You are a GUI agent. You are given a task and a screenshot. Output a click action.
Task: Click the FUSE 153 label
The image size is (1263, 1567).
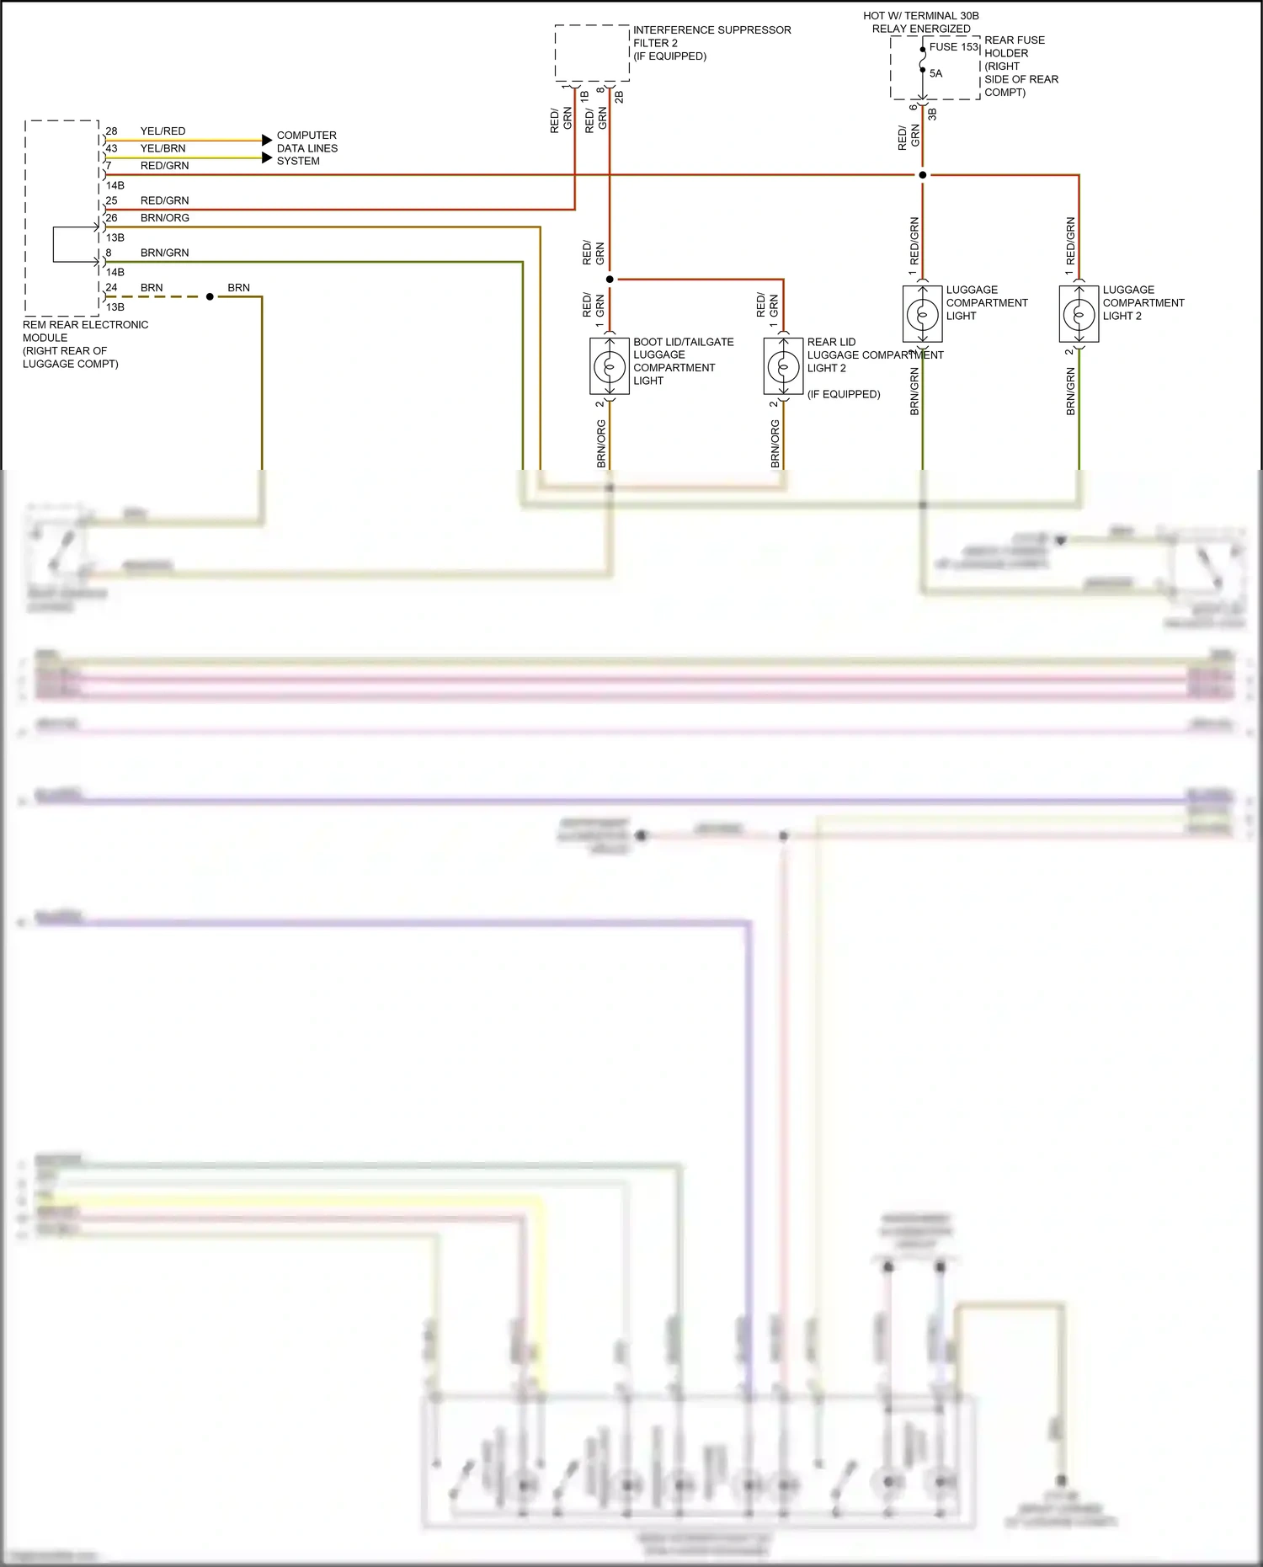(x=953, y=47)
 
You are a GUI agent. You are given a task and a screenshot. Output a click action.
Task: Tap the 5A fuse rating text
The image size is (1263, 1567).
(x=935, y=73)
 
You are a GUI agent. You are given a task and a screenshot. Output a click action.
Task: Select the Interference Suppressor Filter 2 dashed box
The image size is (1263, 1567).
(x=592, y=53)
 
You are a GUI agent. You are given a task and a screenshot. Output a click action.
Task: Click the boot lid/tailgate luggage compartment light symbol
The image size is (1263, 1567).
(x=609, y=366)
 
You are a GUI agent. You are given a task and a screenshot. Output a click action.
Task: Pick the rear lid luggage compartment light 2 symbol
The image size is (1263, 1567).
(x=783, y=366)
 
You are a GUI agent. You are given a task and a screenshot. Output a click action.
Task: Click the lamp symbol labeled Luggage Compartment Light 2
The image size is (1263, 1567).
(x=1079, y=315)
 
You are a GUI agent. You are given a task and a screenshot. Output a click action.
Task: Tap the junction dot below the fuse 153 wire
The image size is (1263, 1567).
(x=922, y=175)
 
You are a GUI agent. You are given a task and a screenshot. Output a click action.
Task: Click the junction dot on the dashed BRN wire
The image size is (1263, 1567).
(x=210, y=296)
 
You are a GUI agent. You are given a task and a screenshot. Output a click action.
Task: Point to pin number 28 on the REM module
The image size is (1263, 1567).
(x=111, y=131)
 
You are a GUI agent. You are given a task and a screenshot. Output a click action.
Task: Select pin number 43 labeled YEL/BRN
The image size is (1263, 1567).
(x=111, y=148)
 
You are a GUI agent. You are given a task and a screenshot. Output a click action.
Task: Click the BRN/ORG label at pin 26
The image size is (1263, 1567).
(x=165, y=218)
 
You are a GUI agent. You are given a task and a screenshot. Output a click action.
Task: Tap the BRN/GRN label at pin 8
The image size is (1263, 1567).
(x=164, y=253)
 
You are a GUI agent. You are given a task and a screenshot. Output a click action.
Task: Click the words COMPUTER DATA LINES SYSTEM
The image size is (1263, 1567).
(x=306, y=148)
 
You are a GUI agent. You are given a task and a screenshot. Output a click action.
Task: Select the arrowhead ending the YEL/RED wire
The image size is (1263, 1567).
(x=267, y=140)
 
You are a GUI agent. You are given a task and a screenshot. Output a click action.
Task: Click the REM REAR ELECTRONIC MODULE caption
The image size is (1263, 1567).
(x=84, y=344)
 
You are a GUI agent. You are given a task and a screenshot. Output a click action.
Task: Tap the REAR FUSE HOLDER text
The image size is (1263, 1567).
(x=1014, y=46)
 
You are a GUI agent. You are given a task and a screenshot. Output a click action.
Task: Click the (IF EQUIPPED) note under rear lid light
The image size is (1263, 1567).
(x=844, y=394)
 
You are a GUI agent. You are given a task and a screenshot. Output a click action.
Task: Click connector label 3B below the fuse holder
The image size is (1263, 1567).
(x=932, y=114)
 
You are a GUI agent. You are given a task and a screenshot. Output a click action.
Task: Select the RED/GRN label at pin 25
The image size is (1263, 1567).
(x=164, y=200)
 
